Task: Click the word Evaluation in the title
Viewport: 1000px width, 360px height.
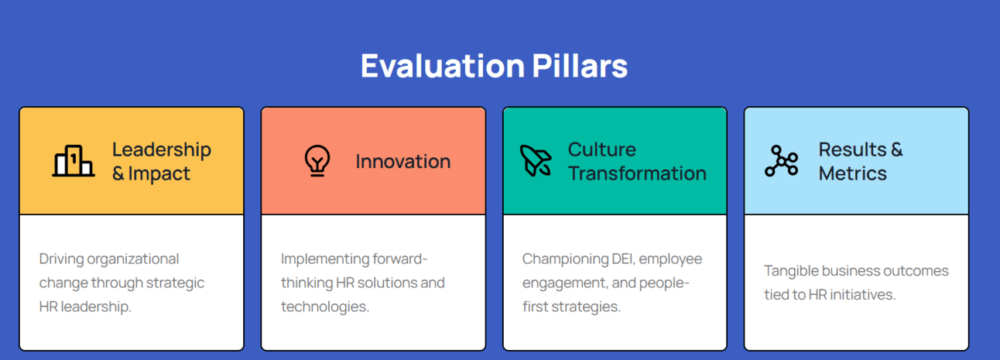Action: click(x=443, y=66)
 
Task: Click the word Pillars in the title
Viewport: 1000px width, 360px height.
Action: click(x=580, y=66)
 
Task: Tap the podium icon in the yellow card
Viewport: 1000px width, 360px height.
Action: click(x=74, y=161)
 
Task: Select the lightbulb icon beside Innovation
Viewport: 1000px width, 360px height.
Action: click(x=317, y=161)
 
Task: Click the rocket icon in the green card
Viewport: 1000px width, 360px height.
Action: click(x=536, y=161)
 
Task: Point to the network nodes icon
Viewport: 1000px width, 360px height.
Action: click(x=781, y=161)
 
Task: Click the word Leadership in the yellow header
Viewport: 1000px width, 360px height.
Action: click(x=162, y=150)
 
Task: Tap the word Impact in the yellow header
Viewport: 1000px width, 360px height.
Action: click(x=159, y=173)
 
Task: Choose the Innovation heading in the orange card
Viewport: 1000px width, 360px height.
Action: click(x=403, y=161)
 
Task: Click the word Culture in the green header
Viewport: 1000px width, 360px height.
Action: click(x=602, y=149)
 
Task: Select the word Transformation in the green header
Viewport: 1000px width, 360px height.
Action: click(x=637, y=173)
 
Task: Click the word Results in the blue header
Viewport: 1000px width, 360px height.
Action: click(x=852, y=149)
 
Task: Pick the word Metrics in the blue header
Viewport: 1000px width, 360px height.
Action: click(x=853, y=173)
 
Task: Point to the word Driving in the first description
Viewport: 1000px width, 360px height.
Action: click(x=62, y=259)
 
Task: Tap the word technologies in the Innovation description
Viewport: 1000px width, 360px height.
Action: click(x=325, y=307)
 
